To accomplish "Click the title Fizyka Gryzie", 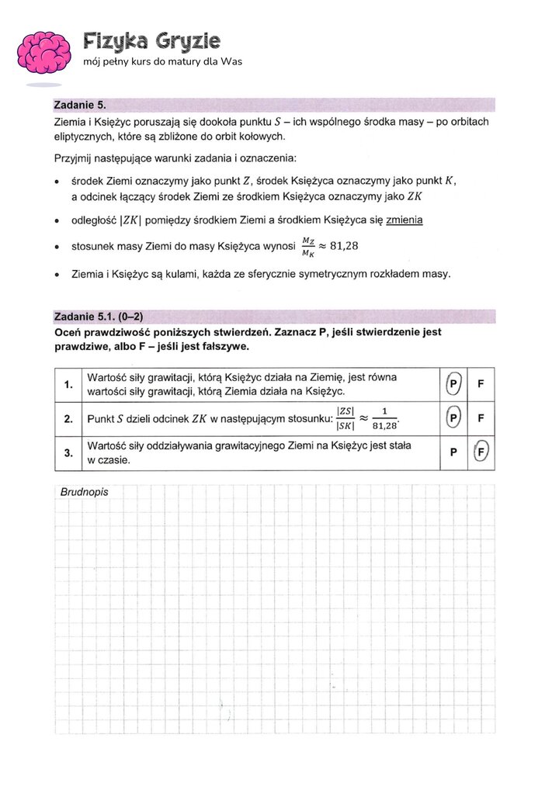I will (x=151, y=40).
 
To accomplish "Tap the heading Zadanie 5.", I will (x=78, y=105).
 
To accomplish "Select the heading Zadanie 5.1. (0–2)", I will (x=99, y=316).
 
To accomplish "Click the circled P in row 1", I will (x=453, y=384).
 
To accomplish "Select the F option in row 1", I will (x=481, y=384).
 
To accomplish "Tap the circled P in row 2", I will (x=453, y=418).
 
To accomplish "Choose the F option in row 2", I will (x=481, y=418).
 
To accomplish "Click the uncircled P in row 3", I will (x=453, y=453).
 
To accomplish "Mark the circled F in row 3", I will (x=481, y=453).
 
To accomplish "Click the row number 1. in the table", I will (x=68, y=384).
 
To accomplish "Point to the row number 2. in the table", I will (x=68, y=419).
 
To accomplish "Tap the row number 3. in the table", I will (x=68, y=453).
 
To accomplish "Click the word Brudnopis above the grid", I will (x=84, y=492).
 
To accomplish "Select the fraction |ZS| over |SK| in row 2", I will (x=345, y=418).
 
